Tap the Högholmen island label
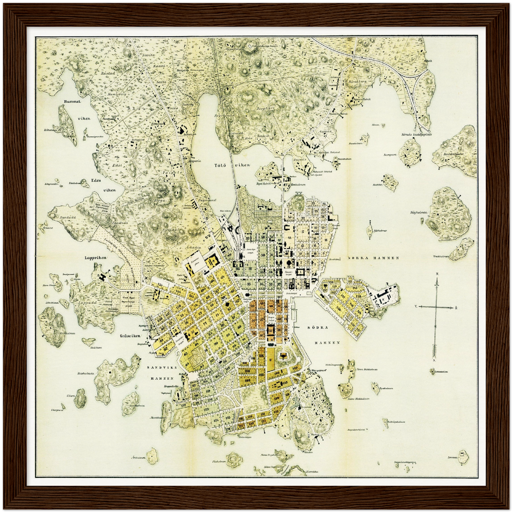coord(418,213)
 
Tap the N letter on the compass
coord(438,274)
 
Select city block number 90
coord(237,269)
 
